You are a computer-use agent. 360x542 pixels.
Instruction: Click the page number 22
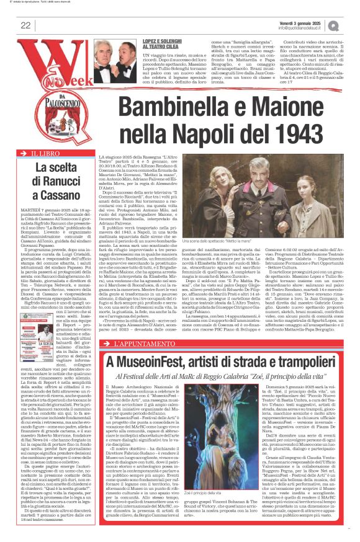25,25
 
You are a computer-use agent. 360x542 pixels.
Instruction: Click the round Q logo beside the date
351,25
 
